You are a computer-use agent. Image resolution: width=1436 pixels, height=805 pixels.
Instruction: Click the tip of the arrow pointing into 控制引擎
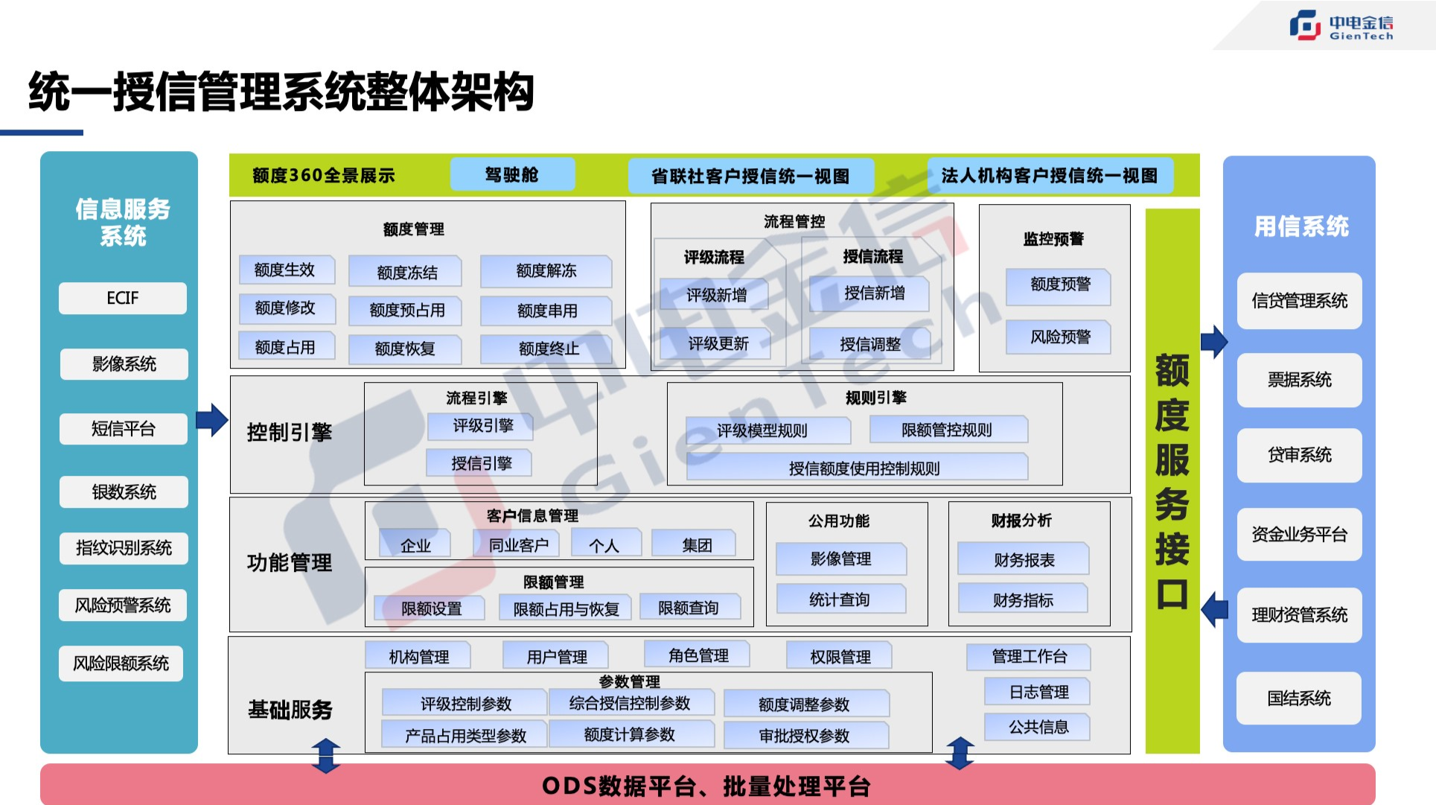coord(228,420)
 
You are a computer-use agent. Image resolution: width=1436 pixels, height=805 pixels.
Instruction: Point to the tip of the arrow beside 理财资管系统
coord(1202,610)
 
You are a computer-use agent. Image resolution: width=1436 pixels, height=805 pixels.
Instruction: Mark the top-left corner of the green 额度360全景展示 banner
coord(229,154)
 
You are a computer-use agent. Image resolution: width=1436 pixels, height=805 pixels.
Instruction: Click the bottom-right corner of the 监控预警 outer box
coord(1130,372)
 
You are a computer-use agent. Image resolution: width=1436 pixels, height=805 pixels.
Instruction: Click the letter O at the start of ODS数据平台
coord(550,786)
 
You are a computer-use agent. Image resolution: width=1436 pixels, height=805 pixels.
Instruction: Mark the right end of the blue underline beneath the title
coord(83,133)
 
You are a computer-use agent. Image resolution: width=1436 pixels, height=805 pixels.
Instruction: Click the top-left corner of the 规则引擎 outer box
coord(668,383)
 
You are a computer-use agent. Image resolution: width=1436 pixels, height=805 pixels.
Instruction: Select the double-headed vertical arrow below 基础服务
coord(326,755)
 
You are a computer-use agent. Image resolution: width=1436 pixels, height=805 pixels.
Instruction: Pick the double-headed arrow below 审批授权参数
coord(960,753)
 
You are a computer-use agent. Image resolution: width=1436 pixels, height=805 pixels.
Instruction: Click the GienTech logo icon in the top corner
coord(1305,25)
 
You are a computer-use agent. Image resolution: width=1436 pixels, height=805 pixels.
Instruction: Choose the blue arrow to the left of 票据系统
coord(1214,342)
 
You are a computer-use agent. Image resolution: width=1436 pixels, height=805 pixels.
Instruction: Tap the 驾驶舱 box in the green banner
coord(512,174)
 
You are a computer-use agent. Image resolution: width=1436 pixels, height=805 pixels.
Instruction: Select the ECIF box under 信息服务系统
coord(123,298)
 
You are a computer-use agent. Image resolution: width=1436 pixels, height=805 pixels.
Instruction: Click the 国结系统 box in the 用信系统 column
coord(1299,699)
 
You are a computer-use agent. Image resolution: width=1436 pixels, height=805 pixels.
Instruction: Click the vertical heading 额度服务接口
coord(1172,481)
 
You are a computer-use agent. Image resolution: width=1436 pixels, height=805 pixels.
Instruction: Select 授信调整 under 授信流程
coord(870,344)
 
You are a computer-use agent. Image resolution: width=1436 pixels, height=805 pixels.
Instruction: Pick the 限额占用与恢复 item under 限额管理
coord(566,609)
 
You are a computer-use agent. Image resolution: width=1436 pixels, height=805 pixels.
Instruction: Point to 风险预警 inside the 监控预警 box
coord(1060,337)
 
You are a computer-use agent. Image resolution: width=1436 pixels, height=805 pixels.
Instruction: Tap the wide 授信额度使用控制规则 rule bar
coord(864,468)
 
